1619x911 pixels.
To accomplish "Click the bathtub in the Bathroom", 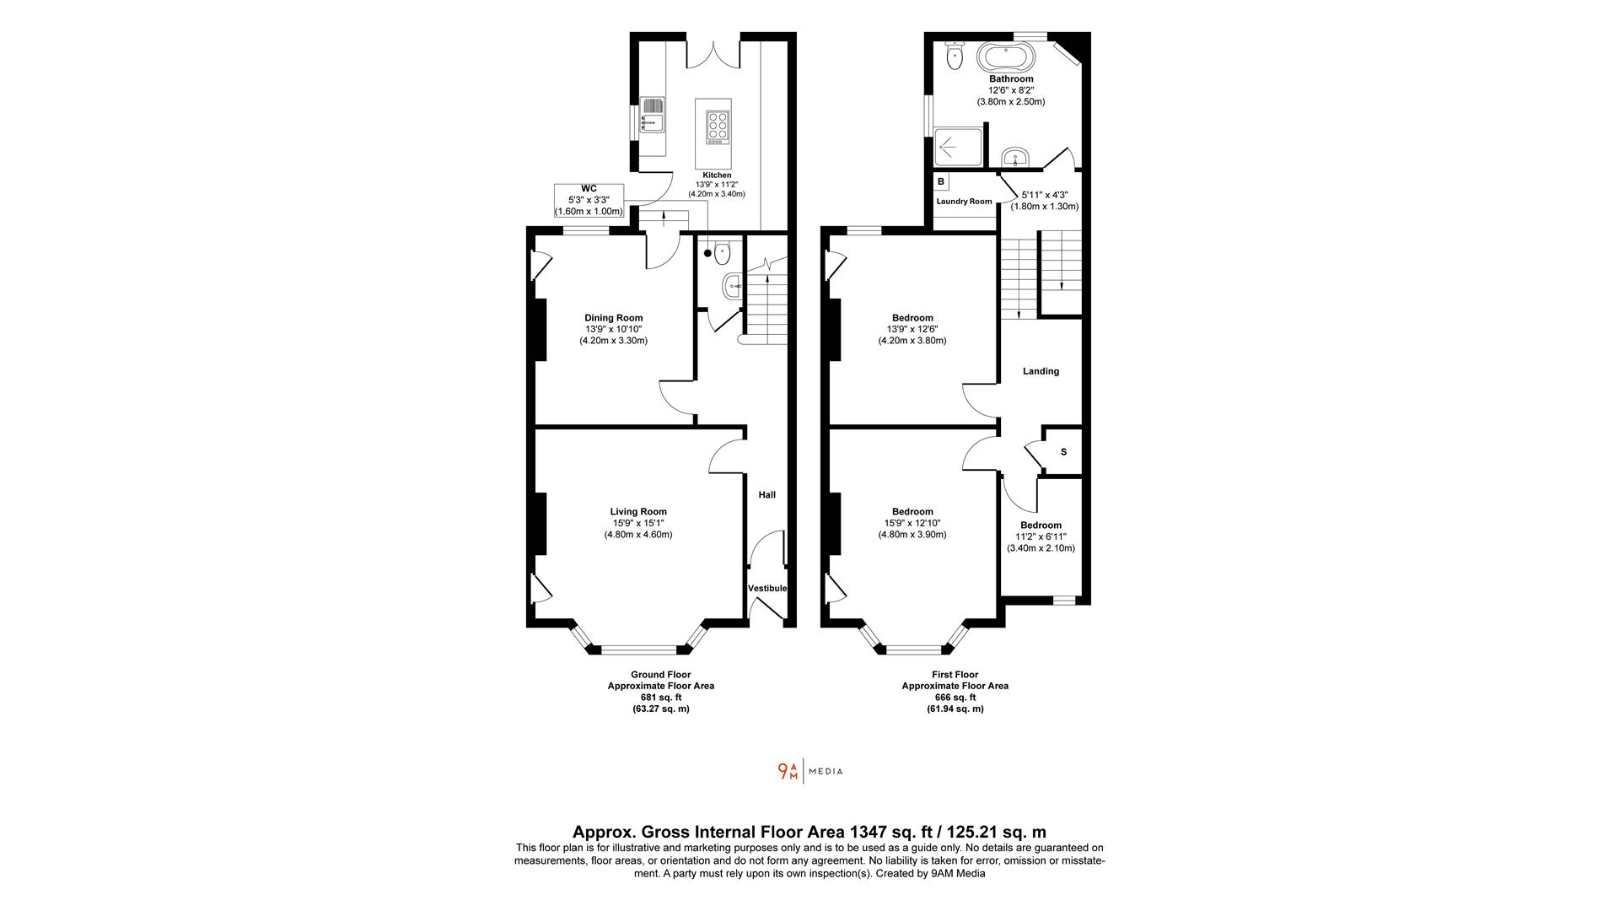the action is tap(1005, 57).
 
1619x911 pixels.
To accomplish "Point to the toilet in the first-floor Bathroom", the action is tap(955, 56).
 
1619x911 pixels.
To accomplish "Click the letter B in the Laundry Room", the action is tap(940, 181).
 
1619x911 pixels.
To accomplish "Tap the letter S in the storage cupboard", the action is tap(1063, 452).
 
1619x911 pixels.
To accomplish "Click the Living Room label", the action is tap(638, 511).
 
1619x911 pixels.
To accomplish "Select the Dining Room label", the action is tap(614, 318).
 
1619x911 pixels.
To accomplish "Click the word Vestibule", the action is tap(767, 588).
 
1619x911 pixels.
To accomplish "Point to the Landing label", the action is tap(1041, 371).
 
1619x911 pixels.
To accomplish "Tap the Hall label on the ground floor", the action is tap(766, 495).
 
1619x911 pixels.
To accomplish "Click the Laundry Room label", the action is tap(964, 202).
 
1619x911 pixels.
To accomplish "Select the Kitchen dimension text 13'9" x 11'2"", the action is tap(717, 185).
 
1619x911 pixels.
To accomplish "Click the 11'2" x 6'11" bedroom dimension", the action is tap(1041, 536).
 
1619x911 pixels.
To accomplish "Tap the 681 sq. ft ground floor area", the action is tap(661, 698).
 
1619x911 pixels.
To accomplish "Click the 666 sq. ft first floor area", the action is tap(955, 698).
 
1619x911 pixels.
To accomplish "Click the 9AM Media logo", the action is tap(809, 771).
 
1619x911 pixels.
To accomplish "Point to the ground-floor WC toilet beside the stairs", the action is tap(721, 252).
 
